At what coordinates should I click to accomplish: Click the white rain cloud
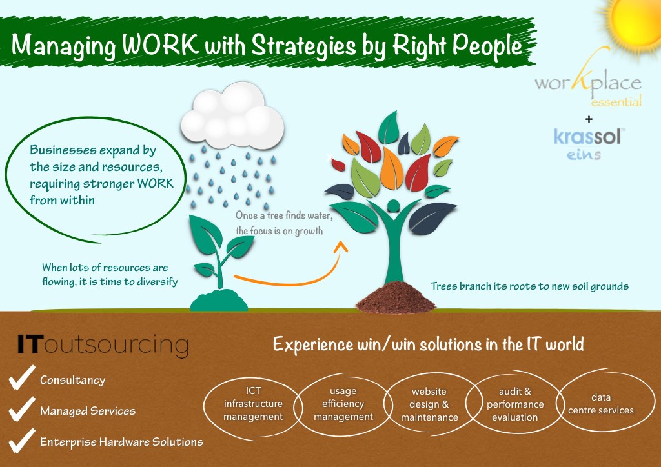(x=232, y=116)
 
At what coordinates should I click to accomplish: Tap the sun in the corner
(x=635, y=23)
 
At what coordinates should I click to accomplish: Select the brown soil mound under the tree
(x=395, y=297)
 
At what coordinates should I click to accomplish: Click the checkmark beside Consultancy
(x=21, y=377)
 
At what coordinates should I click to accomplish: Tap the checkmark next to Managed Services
(x=21, y=409)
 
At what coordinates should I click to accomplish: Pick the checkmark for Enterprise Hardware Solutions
(x=21, y=441)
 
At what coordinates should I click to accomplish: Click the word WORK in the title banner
(x=160, y=43)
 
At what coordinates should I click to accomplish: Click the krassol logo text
(x=587, y=137)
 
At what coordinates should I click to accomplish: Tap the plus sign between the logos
(x=589, y=119)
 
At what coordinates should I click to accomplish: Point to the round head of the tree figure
(x=393, y=206)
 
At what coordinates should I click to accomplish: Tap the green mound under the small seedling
(x=219, y=300)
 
